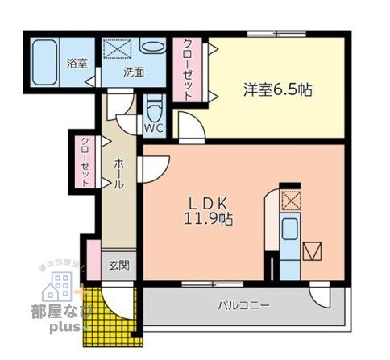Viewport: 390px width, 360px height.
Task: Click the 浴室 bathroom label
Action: [77, 64]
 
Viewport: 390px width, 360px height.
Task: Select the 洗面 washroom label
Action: [133, 72]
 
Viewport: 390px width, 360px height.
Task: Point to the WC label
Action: [154, 127]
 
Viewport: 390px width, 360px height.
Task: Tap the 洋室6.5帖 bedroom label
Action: [277, 89]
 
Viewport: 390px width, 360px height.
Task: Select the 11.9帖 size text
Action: [210, 218]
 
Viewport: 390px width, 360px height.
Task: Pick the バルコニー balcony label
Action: [243, 305]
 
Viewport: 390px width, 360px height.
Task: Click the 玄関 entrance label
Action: [119, 265]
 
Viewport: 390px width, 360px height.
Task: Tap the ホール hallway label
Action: [118, 174]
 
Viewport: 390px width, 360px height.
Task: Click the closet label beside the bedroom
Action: [187, 69]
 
